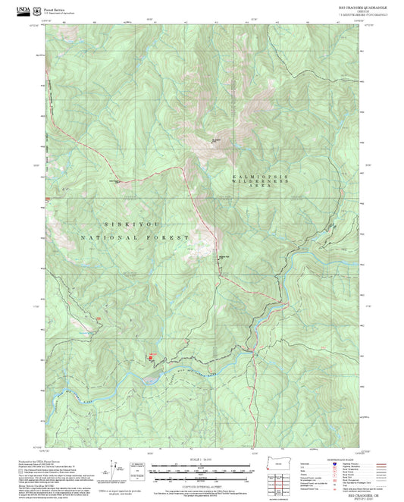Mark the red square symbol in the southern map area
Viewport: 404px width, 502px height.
coord(149,356)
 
